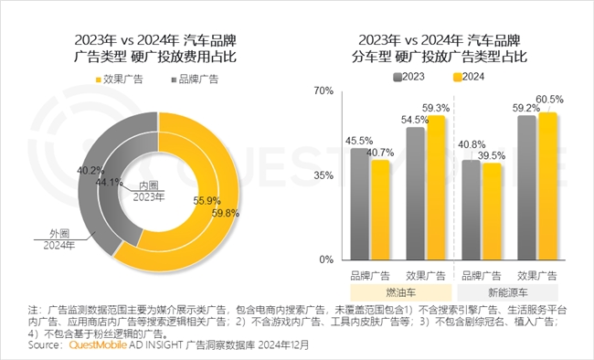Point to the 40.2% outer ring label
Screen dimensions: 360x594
coord(89,170)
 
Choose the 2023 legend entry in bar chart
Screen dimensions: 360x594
coord(408,77)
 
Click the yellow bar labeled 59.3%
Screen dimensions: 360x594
coord(437,187)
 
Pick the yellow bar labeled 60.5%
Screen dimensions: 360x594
coord(547,186)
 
